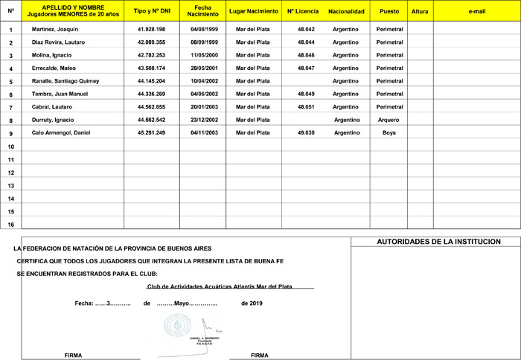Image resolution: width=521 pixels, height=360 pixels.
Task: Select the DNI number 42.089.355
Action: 151,42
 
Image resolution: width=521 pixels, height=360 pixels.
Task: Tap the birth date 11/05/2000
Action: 203,55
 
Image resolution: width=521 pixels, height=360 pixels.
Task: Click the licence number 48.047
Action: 306,68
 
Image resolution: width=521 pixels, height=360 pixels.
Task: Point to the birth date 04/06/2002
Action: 203,94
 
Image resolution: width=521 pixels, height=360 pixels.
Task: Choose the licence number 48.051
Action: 306,106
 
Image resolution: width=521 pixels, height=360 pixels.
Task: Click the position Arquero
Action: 389,120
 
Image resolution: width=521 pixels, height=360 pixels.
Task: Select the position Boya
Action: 389,132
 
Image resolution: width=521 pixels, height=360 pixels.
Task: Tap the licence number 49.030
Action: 306,132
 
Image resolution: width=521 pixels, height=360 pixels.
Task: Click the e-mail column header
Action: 477,12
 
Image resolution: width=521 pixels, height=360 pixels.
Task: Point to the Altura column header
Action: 420,12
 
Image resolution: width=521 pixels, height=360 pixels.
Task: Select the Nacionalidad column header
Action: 346,12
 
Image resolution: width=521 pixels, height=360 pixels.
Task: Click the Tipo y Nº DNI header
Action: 151,12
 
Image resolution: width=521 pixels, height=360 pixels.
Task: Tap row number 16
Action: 10,224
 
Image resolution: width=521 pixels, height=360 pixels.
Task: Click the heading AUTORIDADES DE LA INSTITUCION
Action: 438,242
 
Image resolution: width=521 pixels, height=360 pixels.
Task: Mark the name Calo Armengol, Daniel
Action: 61,132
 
